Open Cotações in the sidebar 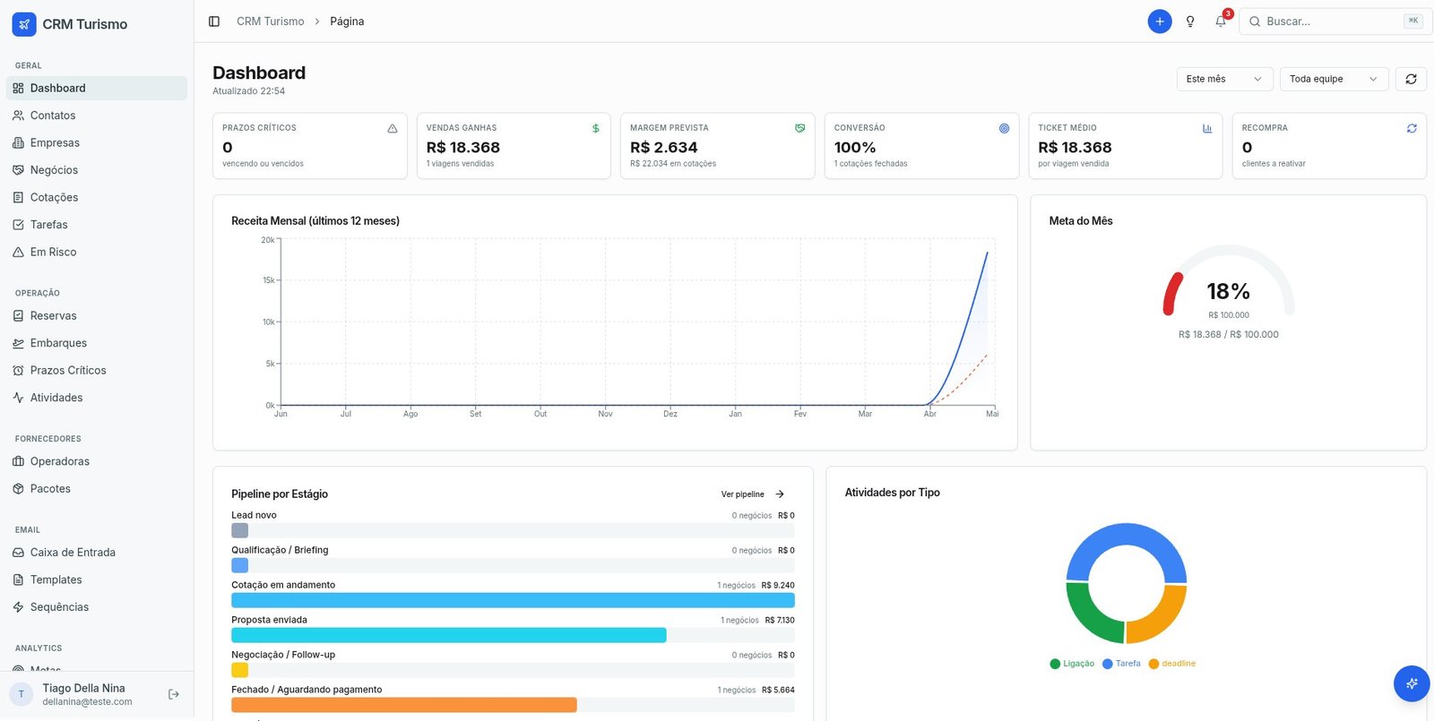[x=54, y=197]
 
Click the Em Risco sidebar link [x=53, y=252]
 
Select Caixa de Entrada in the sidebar [x=73, y=552]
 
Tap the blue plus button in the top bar [x=1160, y=21]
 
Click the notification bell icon [x=1220, y=21]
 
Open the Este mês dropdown [x=1224, y=79]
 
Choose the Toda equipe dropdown [x=1334, y=79]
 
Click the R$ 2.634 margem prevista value [x=663, y=147]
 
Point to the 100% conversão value [x=855, y=147]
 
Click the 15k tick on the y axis [x=268, y=280]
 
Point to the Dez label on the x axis [x=670, y=414]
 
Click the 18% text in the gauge [x=1228, y=292]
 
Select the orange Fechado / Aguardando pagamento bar [x=404, y=705]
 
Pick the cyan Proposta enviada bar [x=449, y=635]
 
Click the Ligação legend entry [x=1072, y=664]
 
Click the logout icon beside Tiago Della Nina [x=174, y=694]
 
